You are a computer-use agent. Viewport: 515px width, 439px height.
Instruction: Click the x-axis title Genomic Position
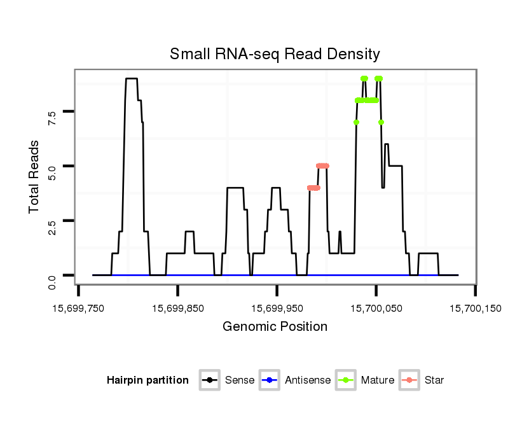(275, 327)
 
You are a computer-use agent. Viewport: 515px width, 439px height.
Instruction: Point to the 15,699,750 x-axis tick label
(79, 309)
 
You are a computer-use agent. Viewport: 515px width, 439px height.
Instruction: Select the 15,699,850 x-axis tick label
(178, 309)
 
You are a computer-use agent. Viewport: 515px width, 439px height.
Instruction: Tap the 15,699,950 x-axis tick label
(277, 309)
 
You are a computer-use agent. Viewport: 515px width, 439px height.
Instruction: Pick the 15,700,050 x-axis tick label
(376, 309)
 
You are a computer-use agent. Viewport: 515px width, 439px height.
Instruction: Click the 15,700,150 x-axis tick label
(476, 309)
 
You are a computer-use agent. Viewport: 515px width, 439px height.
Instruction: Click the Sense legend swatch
(209, 380)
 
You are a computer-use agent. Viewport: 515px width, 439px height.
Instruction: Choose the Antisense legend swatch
(270, 380)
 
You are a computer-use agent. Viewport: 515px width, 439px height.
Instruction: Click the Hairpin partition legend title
(148, 380)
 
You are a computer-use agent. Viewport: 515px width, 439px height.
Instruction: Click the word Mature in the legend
(377, 380)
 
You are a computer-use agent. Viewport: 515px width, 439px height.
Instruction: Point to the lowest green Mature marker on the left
(356, 122)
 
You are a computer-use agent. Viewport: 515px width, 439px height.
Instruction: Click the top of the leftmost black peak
(131, 79)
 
